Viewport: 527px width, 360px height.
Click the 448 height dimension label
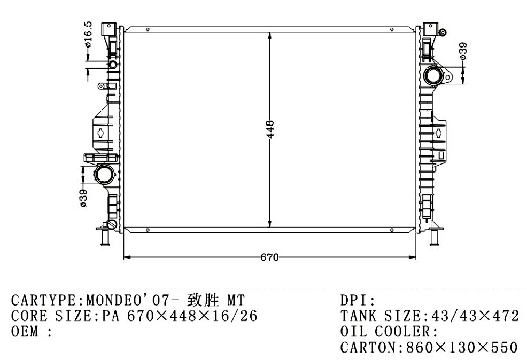click(270, 129)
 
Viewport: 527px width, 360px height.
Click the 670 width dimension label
click(269, 257)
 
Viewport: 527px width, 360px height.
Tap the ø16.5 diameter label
click(88, 35)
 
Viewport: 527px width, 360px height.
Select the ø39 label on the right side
click(463, 51)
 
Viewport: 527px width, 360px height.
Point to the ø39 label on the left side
click(83, 198)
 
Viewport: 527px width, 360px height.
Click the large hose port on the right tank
click(433, 76)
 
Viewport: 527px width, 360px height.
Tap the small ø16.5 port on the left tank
click(113, 65)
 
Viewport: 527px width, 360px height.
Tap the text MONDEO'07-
click(134, 300)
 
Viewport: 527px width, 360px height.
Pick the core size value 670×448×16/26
click(192, 316)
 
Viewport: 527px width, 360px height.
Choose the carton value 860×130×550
click(462, 347)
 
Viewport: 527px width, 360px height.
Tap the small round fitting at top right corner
click(443, 32)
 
